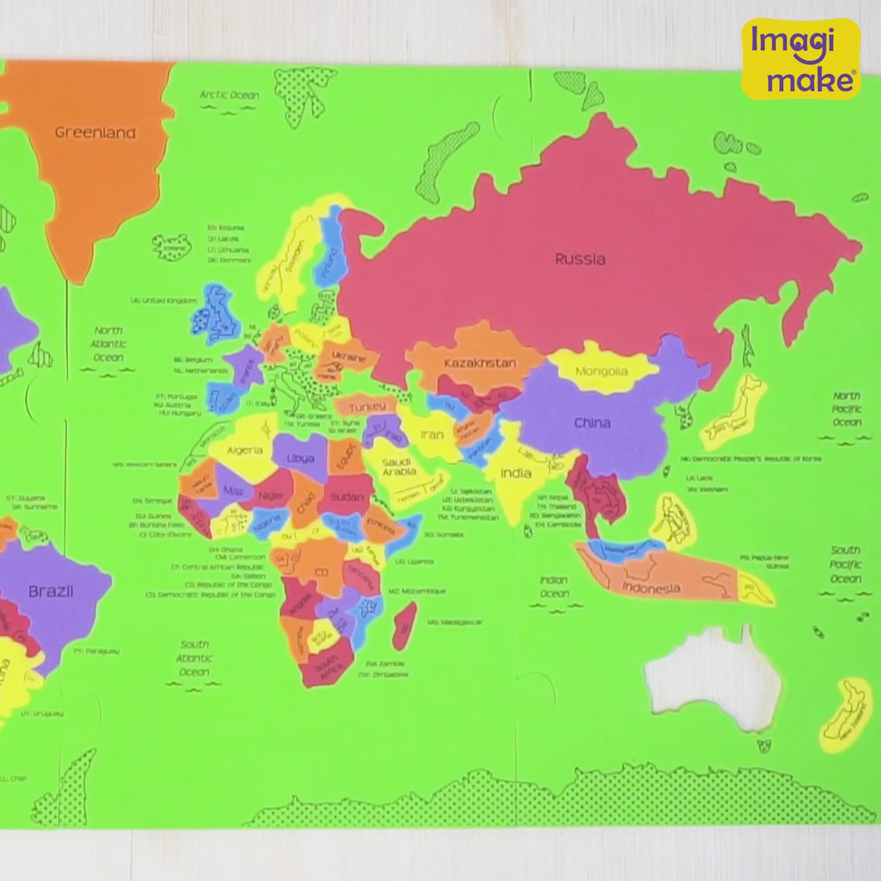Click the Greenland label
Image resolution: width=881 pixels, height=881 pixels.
[95, 132]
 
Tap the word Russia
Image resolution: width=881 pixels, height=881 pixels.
[580, 258]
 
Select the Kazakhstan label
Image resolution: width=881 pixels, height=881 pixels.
[480, 363]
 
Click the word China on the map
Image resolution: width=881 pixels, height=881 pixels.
[592, 422]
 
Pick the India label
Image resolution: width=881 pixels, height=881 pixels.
[516, 473]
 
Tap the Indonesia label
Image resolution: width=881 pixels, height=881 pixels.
[651, 589]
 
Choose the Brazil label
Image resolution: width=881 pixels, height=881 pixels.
[51, 592]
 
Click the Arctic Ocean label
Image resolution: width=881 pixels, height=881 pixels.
[230, 95]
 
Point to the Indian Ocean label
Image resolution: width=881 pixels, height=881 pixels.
[554, 587]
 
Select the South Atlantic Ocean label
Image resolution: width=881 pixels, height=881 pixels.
[194, 658]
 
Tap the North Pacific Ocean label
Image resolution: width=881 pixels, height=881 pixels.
[847, 410]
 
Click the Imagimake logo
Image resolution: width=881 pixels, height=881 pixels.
[801, 59]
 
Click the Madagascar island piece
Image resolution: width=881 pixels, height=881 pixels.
[404, 625]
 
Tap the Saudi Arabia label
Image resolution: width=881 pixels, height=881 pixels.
[399, 465]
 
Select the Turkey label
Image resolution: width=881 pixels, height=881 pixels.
[367, 405]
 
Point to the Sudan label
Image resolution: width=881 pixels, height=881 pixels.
[348, 496]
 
